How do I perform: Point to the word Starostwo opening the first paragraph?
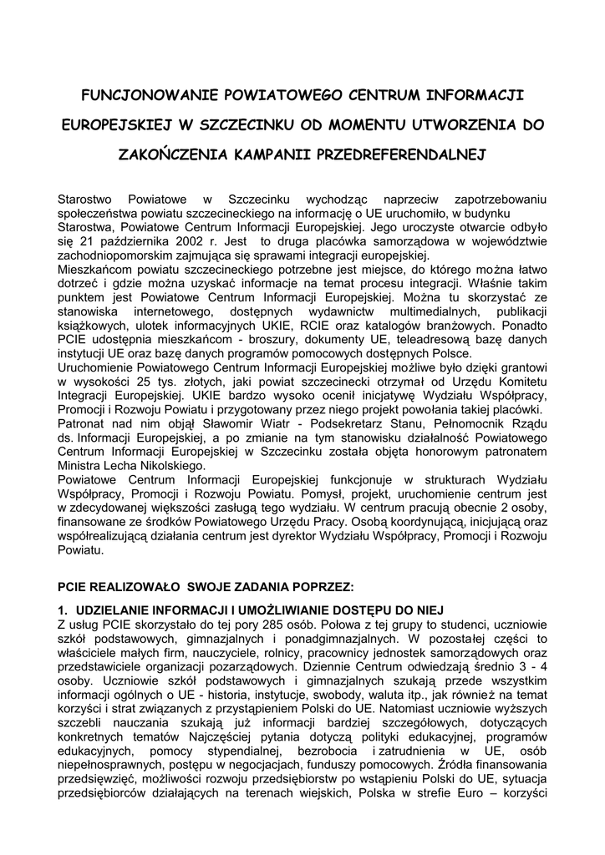click(x=86, y=200)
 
